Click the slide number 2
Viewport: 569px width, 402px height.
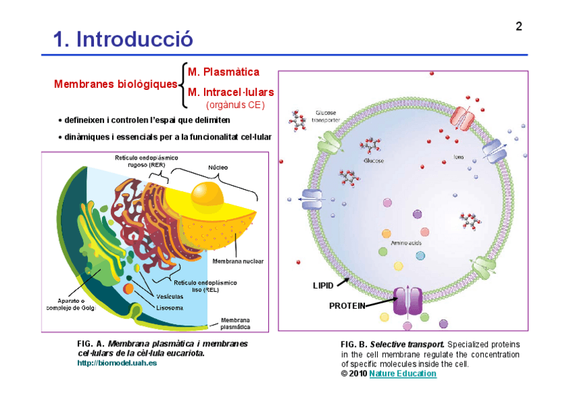[x=519, y=27]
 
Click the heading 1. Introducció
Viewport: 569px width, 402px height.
[x=123, y=40]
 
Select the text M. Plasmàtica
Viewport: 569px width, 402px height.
[x=223, y=72]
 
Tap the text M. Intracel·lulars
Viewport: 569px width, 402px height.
[x=231, y=92]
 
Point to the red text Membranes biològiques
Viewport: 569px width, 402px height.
[x=116, y=85]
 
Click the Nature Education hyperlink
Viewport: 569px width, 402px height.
[x=403, y=374]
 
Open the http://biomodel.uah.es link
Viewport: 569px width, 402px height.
[x=117, y=363]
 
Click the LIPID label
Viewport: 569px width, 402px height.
[x=323, y=285]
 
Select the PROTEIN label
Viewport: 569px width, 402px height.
[x=346, y=305]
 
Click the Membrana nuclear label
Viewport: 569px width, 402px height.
[x=238, y=260]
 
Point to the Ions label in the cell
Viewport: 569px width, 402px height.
[x=459, y=158]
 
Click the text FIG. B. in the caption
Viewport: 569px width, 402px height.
[x=354, y=344]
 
